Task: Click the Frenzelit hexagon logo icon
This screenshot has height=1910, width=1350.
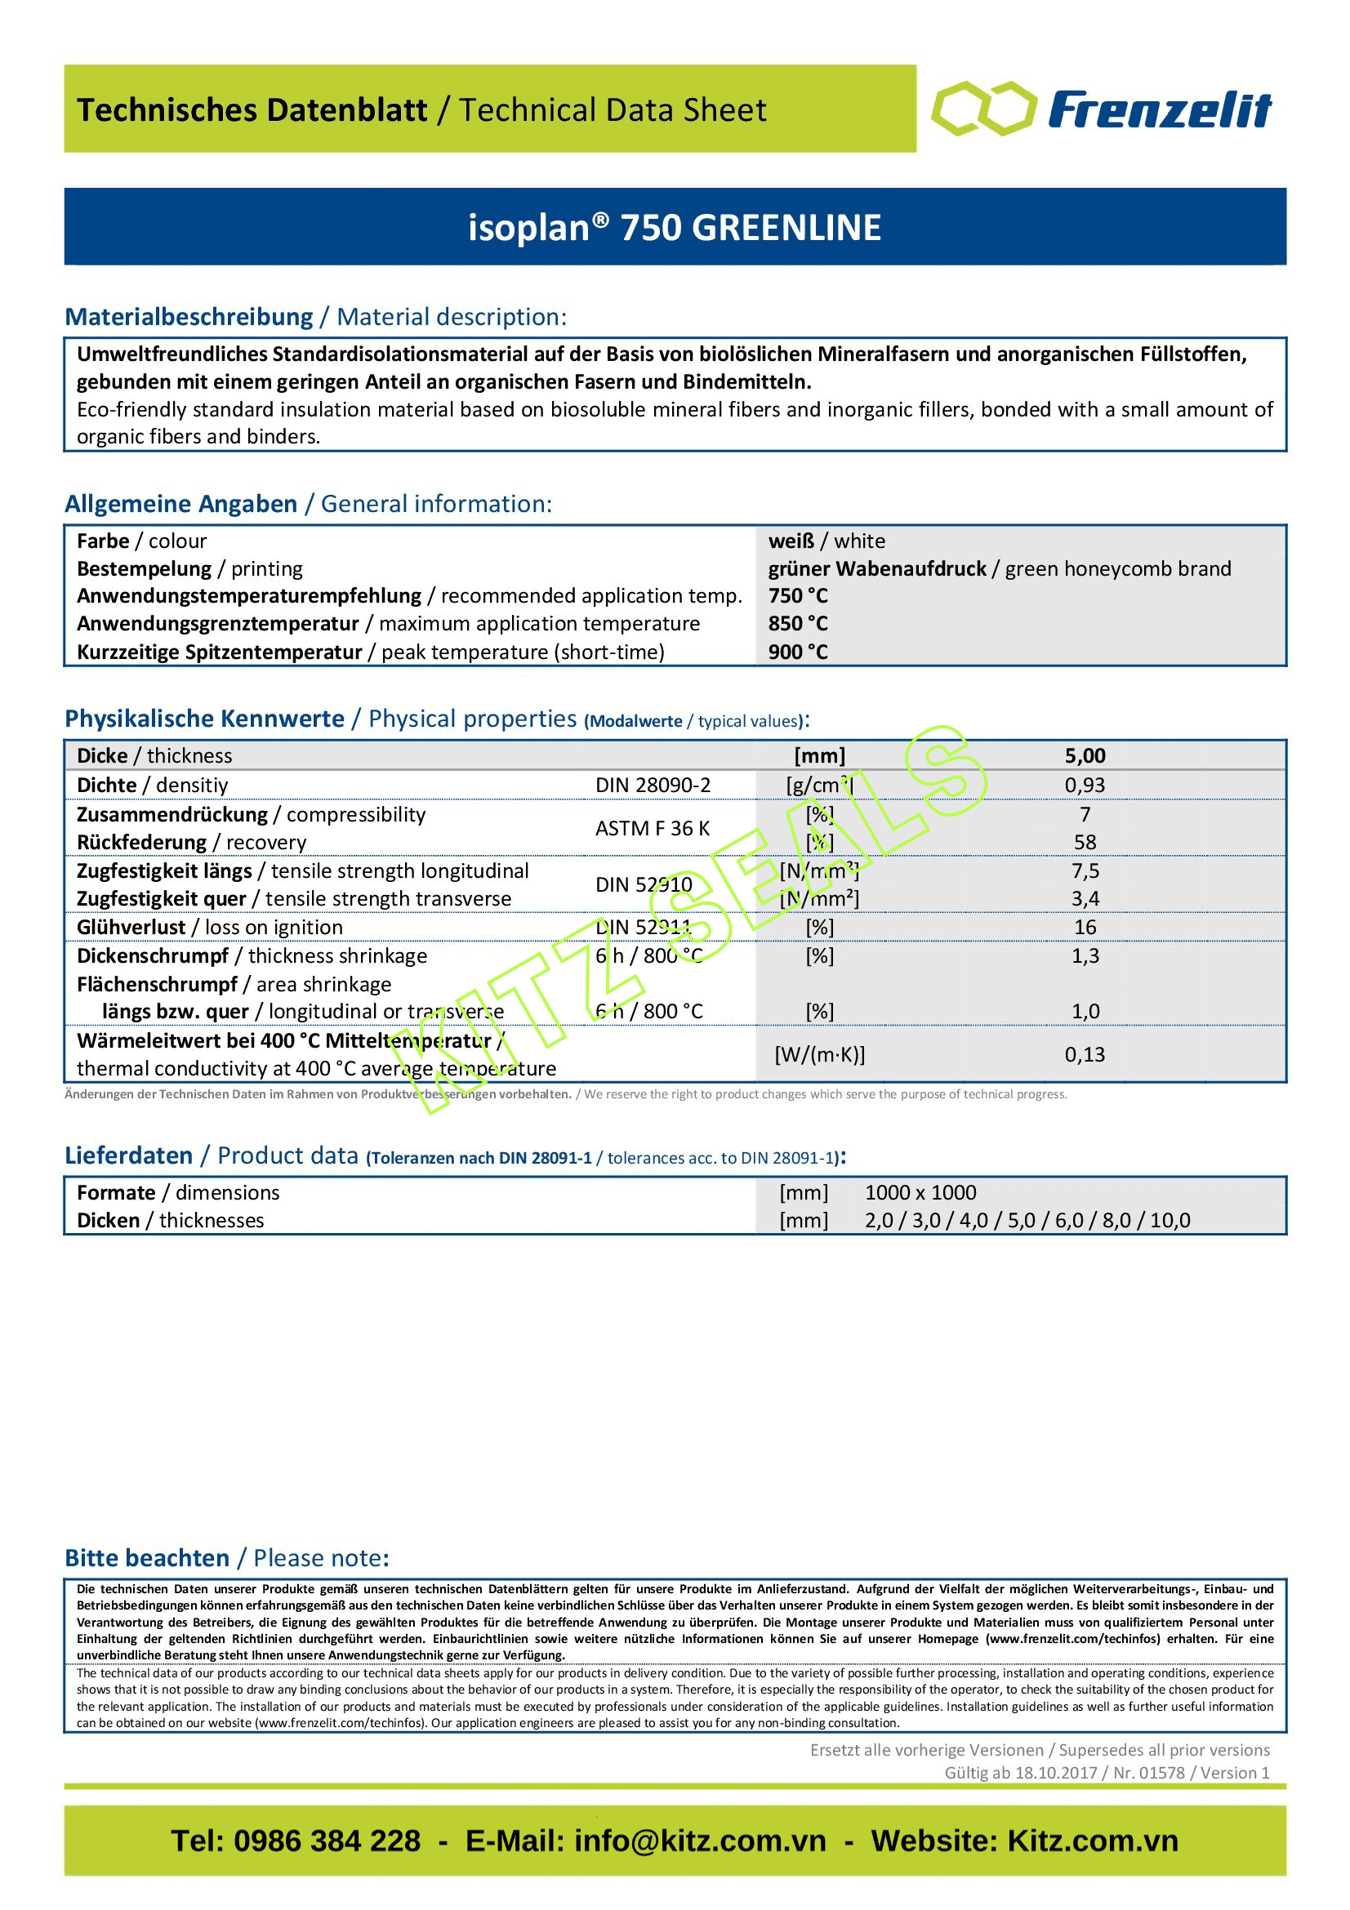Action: (x=984, y=109)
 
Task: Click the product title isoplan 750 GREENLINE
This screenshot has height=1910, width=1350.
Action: (x=675, y=228)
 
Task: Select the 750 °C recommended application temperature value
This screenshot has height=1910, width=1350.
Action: (x=798, y=596)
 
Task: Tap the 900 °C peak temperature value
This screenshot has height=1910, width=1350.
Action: (x=798, y=652)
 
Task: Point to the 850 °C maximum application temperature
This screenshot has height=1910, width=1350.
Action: (x=798, y=624)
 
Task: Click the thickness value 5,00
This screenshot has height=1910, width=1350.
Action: (x=1085, y=756)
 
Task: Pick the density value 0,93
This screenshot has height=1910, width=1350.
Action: (x=1085, y=786)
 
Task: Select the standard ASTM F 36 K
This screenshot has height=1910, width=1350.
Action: (x=652, y=829)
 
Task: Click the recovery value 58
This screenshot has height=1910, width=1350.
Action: (x=1085, y=843)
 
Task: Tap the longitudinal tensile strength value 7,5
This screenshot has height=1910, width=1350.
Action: (x=1085, y=871)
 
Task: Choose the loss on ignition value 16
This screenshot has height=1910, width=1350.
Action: (x=1085, y=928)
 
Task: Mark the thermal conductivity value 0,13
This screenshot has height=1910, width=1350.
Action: (x=1085, y=1055)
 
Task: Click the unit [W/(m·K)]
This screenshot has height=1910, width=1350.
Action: (x=819, y=1055)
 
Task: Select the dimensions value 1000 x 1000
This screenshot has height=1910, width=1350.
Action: (x=920, y=1193)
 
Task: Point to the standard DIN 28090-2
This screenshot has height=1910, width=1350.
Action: (x=652, y=786)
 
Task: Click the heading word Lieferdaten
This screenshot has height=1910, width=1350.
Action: (x=128, y=1155)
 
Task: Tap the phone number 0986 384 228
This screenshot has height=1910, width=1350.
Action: (x=327, y=1841)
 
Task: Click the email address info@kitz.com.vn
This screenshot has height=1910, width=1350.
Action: (x=700, y=1841)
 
